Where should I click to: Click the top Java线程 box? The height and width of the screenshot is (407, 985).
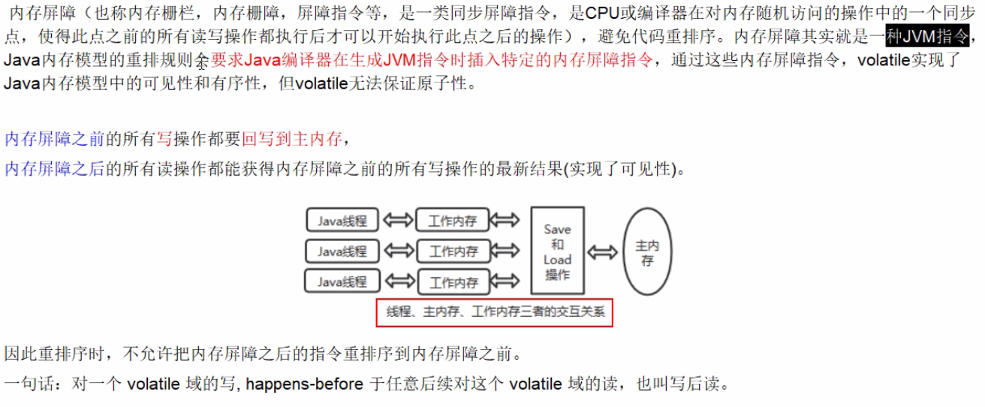click(342, 221)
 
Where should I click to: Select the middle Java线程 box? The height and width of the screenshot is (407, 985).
click(342, 251)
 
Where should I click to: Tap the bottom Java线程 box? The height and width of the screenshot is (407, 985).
click(342, 282)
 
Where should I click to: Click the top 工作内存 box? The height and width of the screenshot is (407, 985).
click(453, 221)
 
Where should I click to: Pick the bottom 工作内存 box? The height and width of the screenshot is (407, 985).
click(453, 282)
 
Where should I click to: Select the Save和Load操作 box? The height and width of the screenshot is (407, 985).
click(557, 251)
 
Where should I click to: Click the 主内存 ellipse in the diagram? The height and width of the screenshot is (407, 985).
click(646, 252)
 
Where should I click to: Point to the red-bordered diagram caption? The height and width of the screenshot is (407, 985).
click(495, 312)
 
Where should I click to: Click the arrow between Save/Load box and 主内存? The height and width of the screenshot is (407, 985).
click(604, 252)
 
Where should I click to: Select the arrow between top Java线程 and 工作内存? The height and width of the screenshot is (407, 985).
click(397, 221)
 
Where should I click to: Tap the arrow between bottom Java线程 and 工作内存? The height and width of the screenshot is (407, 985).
click(397, 282)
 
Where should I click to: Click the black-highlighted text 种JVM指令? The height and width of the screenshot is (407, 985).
click(926, 35)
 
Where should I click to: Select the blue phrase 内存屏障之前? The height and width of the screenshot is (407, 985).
click(54, 138)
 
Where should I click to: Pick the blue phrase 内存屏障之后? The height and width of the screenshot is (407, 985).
click(54, 169)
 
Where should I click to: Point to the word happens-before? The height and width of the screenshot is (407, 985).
click(305, 385)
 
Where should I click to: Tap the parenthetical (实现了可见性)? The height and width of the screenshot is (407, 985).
click(619, 169)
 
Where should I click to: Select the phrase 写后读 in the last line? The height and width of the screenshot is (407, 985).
click(703, 385)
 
